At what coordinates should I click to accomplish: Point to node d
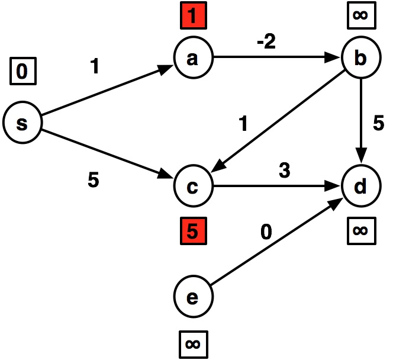click(x=360, y=187)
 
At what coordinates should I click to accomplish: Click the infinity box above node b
click(x=360, y=16)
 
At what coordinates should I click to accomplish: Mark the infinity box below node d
click(x=360, y=230)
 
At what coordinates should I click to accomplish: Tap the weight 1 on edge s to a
click(x=95, y=67)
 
